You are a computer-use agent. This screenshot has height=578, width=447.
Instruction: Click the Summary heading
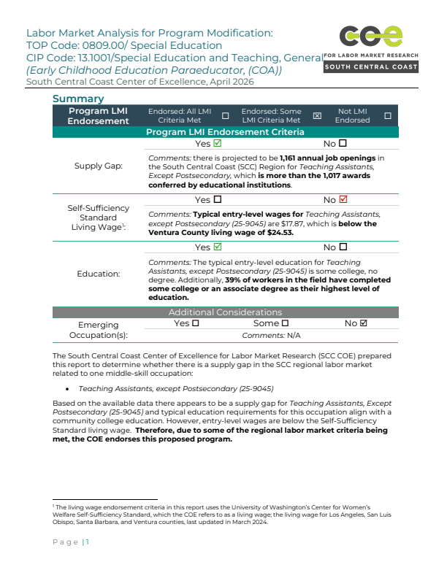pyautogui.click(x=78, y=99)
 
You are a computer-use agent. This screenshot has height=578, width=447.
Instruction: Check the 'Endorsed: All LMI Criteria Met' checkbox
pyautogui.click(x=225, y=115)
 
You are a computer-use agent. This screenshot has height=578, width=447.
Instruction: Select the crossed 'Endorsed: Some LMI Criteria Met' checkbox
pyautogui.click(x=317, y=115)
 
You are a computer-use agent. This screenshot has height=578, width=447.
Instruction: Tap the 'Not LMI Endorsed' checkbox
pyautogui.click(x=387, y=115)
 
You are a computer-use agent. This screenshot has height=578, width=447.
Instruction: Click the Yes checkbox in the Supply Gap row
pyautogui.click(x=217, y=144)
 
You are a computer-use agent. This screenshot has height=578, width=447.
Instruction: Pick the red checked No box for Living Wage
pyautogui.click(x=343, y=199)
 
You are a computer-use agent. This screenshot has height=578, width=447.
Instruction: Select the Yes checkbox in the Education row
pyautogui.click(x=217, y=247)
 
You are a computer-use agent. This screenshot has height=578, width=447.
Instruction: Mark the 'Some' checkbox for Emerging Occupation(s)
pyautogui.click(x=285, y=323)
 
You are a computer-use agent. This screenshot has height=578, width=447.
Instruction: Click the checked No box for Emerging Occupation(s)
pyautogui.click(x=364, y=323)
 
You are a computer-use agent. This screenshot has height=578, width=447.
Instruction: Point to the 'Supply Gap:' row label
pyautogui.click(x=99, y=166)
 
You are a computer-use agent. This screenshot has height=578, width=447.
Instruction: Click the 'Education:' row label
pyautogui.click(x=99, y=274)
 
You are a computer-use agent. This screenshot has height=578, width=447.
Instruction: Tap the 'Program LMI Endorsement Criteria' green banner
pyautogui.click(x=225, y=132)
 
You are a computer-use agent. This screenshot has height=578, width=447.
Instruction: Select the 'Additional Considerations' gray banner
pyautogui.click(x=225, y=312)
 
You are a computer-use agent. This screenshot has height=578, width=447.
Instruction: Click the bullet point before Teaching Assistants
pyautogui.click(x=67, y=390)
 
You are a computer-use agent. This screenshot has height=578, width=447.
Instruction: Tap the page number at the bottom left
pyautogui.click(x=87, y=542)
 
